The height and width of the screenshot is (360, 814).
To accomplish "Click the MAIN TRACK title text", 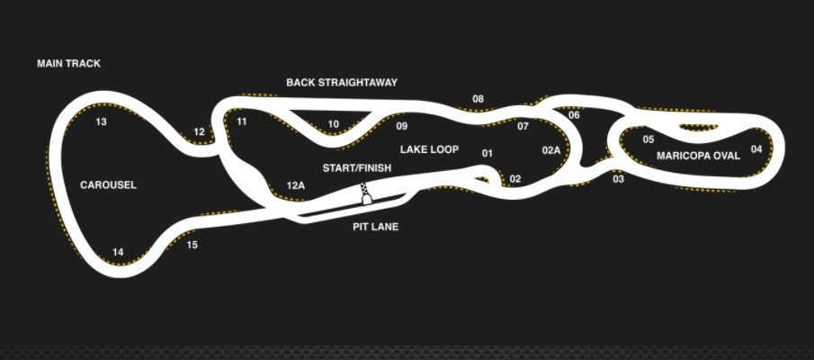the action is point(68,63).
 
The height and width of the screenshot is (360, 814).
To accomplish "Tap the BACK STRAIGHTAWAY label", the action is point(342,82).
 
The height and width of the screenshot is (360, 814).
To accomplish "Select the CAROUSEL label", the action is point(108,184).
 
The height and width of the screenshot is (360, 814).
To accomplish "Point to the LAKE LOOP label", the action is point(429,149).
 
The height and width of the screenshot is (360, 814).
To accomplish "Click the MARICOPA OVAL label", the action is point(698,156).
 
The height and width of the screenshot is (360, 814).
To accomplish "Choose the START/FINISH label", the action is point(357,168).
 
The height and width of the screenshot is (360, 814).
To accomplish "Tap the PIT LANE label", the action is point(375,227).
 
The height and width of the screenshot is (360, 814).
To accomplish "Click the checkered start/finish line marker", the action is point(365,193).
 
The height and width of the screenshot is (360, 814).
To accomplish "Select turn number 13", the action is point(102,122).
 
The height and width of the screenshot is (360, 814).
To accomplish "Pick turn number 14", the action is point(118,253).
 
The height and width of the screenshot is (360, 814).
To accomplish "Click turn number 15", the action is point(192,245).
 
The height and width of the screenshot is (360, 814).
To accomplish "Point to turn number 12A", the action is point(296,184).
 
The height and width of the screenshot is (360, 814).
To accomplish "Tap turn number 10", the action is point(334,124).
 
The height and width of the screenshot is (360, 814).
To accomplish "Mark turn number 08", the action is point(479,99).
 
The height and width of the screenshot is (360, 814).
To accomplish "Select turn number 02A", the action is point(551,150).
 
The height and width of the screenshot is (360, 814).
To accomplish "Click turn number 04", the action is point(756,149).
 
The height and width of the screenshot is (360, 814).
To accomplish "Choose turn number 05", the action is point(649,139).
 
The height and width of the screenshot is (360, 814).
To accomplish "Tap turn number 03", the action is point(618,179).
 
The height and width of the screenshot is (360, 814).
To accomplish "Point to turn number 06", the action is point(574,115).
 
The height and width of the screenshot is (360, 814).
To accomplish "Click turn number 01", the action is point(487,153).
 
